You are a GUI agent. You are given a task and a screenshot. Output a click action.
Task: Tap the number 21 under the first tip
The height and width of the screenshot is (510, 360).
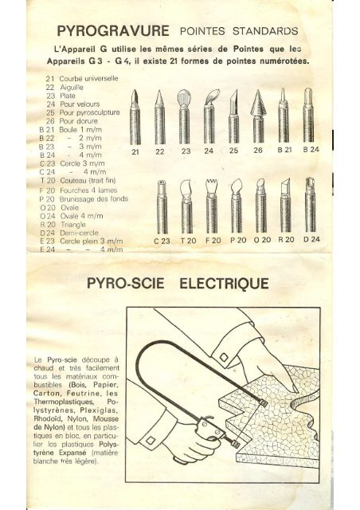click(135, 151)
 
